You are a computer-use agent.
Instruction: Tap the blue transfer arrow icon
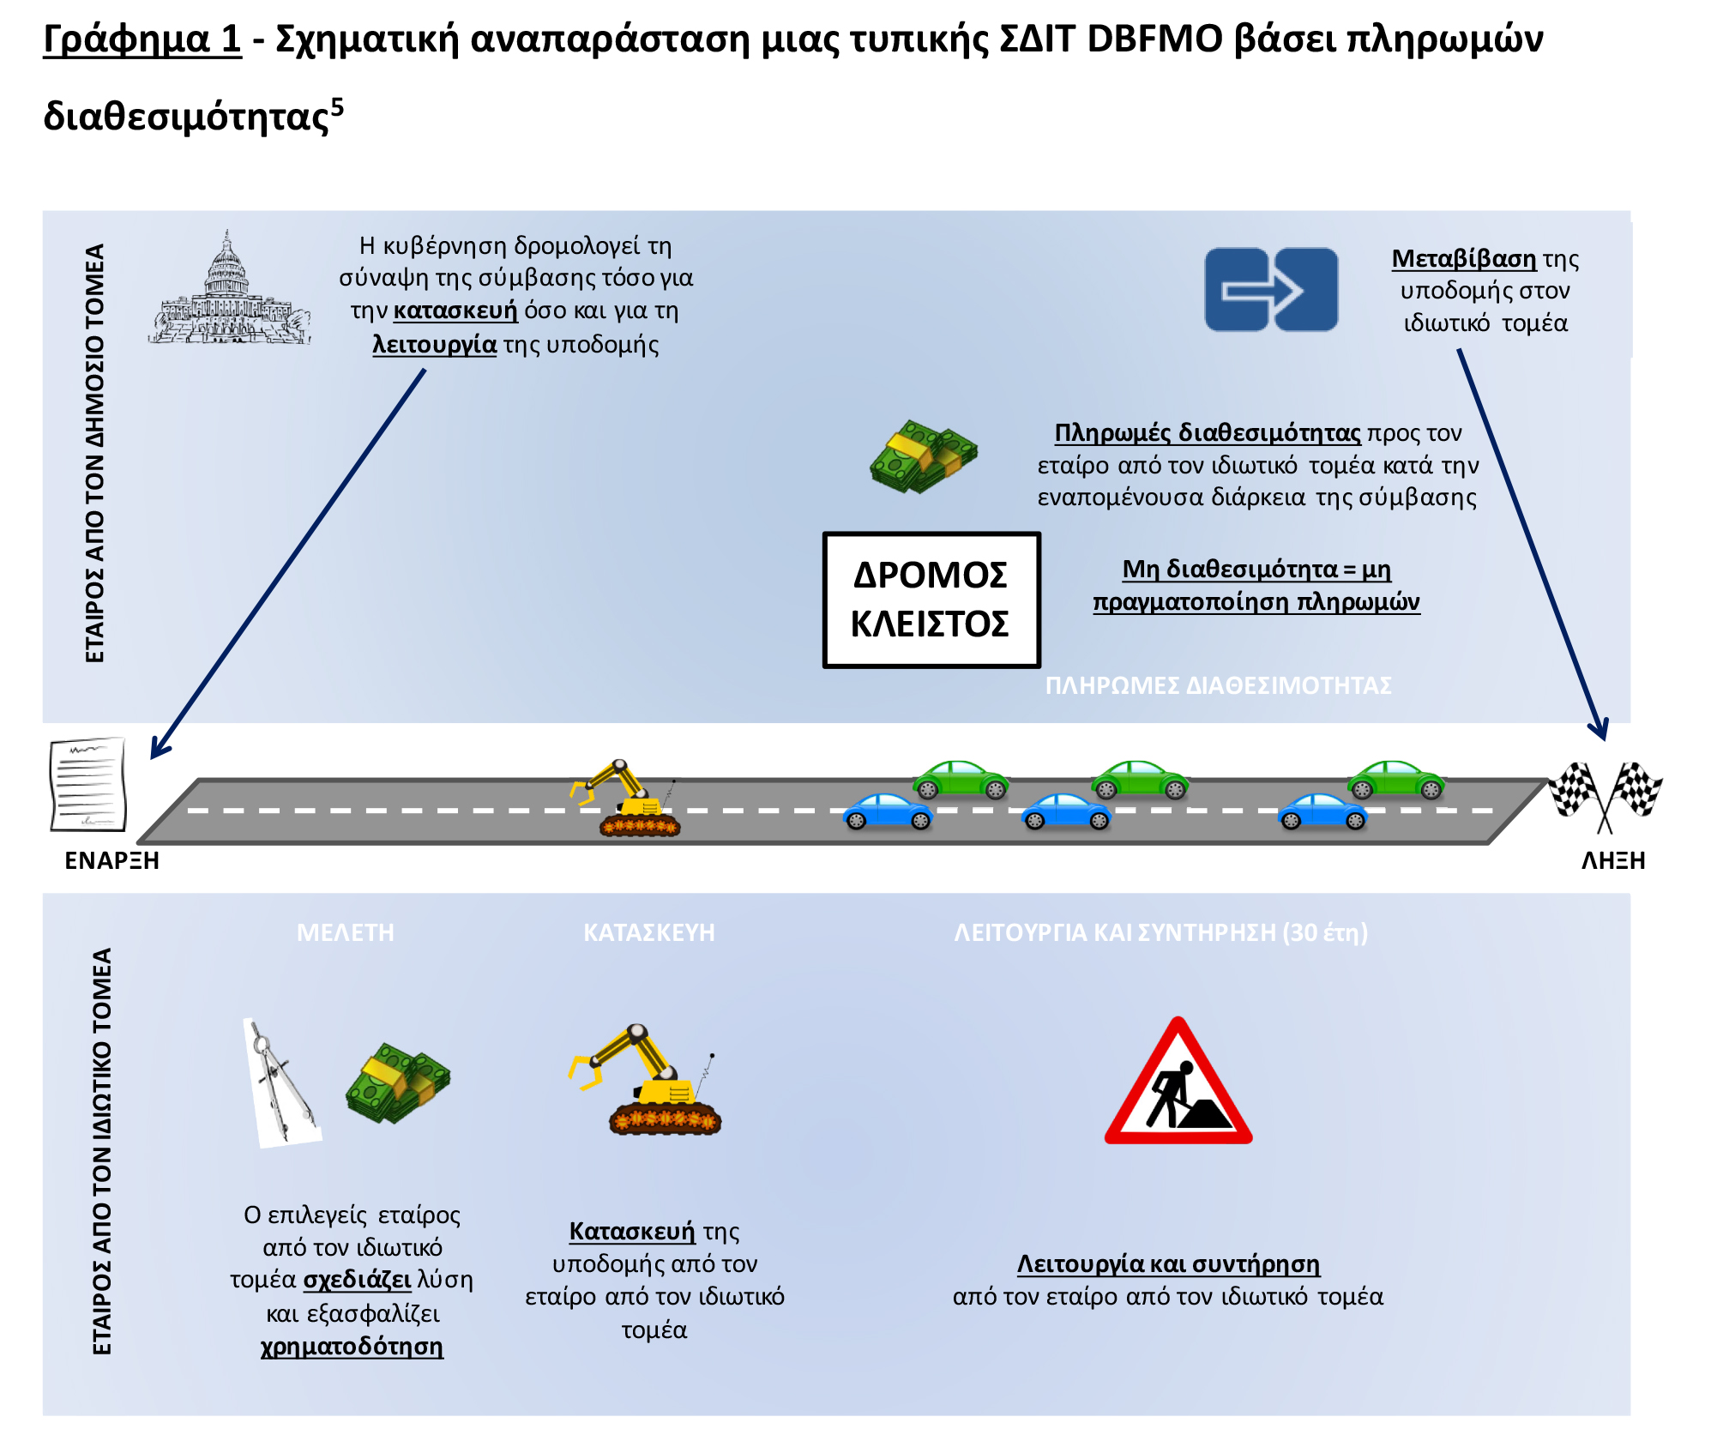(1271, 290)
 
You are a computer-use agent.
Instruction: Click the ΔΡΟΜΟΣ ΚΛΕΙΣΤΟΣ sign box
(931, 600)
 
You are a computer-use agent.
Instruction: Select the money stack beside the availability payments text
(924, 456)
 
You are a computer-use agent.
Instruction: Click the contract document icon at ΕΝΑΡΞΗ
(88, 784)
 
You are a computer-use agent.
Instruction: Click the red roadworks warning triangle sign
(1178, 1082)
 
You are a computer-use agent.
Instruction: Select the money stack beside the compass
(398, 1082)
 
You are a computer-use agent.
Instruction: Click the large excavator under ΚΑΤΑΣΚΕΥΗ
(645, 1080)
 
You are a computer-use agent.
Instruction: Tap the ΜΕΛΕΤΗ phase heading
(346, 932)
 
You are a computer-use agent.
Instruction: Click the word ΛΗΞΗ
(1613, 860)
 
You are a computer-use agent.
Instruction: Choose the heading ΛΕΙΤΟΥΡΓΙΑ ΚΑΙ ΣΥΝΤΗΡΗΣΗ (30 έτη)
(1161, 932)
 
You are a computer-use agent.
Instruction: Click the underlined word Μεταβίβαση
(1464, 258)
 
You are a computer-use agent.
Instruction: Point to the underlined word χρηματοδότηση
(352, 1347)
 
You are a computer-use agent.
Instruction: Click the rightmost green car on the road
(1396, 780)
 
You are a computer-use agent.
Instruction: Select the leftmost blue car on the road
(888, 811)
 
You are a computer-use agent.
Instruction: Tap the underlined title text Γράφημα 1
(142, 39)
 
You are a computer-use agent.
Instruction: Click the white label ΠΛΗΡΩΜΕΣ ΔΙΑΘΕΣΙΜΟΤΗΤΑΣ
(1218, 685)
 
